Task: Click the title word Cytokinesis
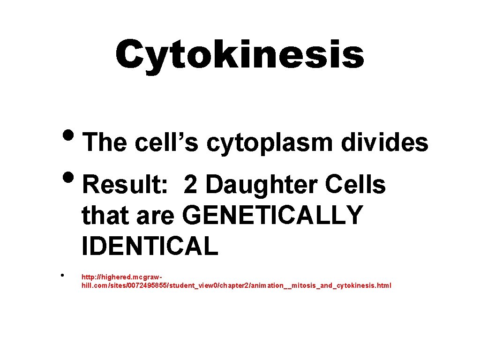[240, 54]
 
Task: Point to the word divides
[384, 142]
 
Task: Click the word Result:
[125, 186]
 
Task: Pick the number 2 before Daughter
[190, 186]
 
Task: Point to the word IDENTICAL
[150, 246]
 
